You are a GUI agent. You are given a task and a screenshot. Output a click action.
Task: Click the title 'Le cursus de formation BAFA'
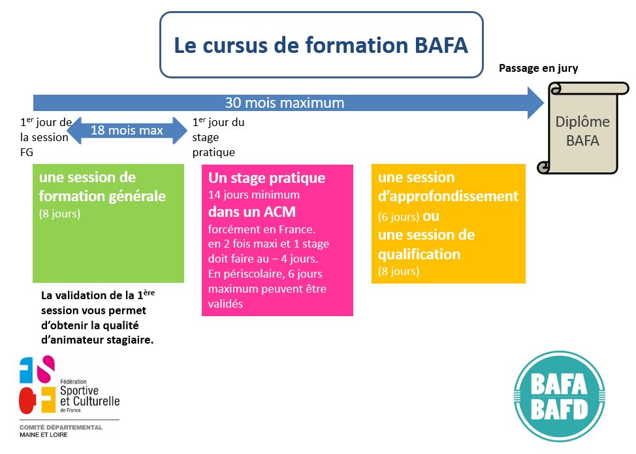321,46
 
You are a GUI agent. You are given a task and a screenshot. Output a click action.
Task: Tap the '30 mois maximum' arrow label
284,103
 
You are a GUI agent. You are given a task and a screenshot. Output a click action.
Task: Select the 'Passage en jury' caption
538,68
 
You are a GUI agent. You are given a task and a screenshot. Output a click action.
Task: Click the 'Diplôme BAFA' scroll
582,131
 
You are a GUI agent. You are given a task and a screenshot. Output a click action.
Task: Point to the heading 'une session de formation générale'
103,187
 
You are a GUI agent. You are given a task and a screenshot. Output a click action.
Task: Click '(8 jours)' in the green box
59,214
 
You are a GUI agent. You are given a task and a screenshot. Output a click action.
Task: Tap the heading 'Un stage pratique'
266,178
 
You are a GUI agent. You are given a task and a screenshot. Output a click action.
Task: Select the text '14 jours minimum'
253,195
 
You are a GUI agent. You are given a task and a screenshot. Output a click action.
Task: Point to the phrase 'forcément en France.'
261,229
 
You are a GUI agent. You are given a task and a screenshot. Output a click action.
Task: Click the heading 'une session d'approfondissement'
448,187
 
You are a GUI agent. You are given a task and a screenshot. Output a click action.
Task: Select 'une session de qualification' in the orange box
426,244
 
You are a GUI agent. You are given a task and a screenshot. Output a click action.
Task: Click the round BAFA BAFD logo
560,398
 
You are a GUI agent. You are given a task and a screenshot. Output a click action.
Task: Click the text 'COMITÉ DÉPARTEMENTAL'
61,427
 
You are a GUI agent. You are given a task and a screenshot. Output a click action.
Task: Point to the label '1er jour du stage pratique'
218,137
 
